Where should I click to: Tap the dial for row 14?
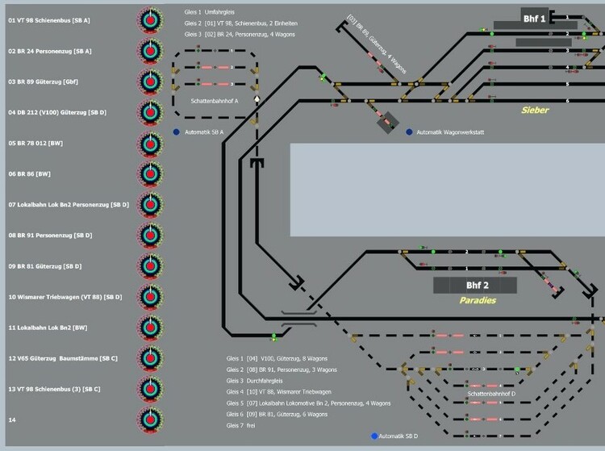148,420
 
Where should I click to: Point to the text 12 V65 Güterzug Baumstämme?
63,358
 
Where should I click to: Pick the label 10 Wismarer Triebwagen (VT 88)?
65,297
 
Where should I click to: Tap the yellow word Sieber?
534,110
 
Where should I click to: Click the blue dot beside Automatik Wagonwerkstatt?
409,132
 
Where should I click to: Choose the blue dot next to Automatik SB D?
374,436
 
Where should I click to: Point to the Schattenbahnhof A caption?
214,102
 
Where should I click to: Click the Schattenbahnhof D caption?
491,394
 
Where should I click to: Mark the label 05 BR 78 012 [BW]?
35,143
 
